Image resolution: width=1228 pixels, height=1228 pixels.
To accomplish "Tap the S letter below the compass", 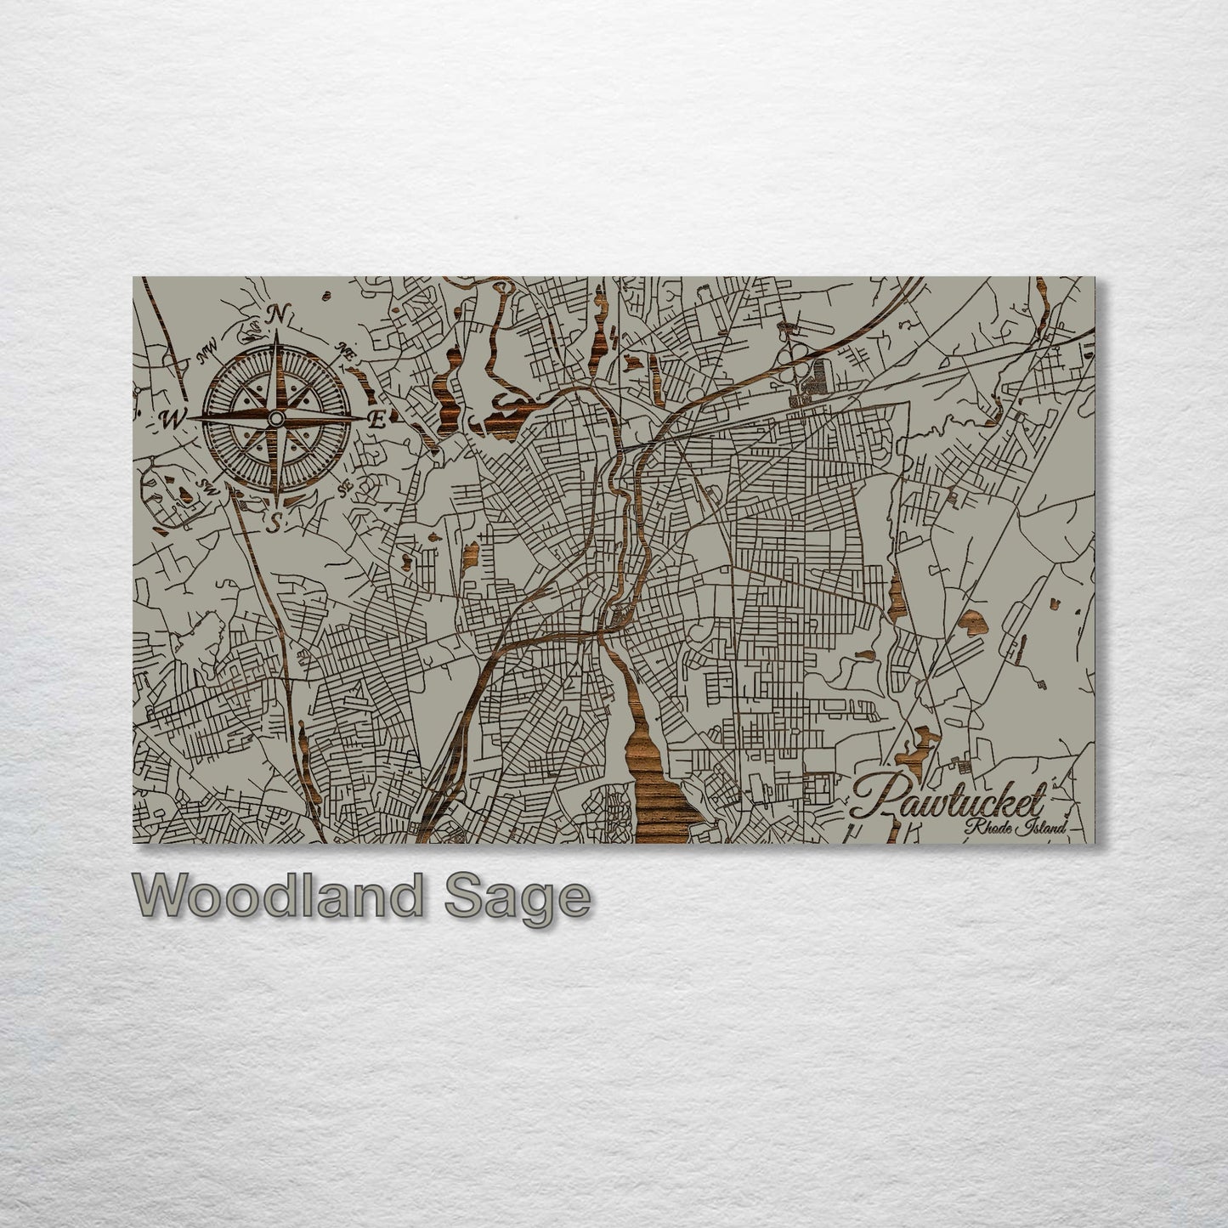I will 274,524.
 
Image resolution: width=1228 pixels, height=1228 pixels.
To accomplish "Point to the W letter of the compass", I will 172,419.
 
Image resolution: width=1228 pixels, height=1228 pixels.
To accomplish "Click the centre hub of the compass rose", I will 275,419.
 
